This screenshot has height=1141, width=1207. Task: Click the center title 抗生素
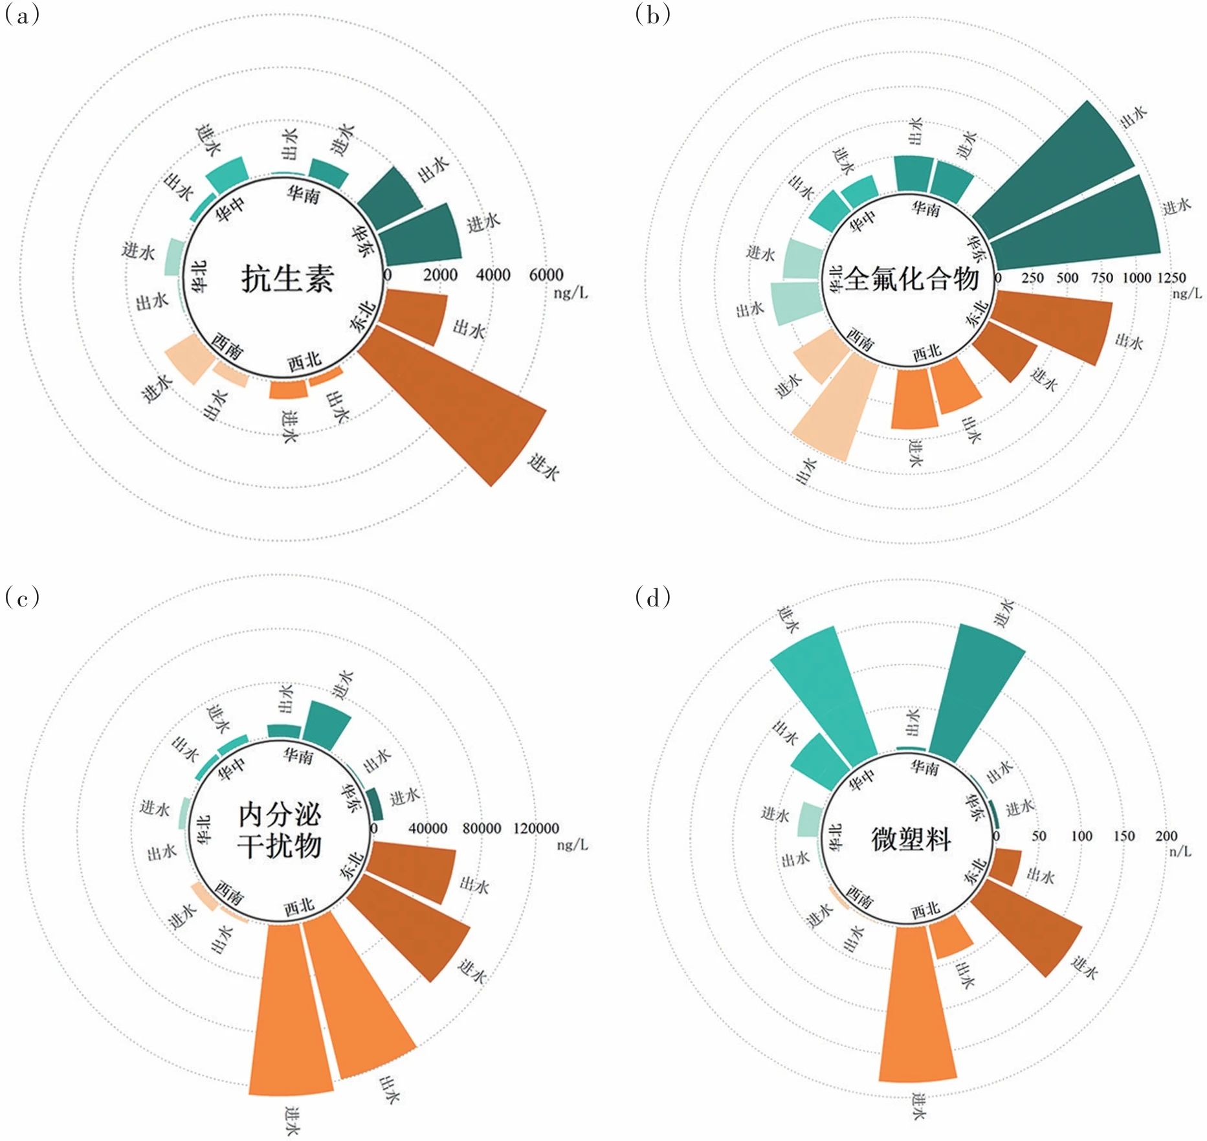(x=287, y=279)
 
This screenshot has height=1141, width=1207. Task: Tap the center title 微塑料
(x=911, y=839)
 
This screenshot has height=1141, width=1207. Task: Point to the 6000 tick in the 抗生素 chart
(x=546, y=275)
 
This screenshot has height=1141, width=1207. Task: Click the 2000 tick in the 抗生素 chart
(x=440, y=275)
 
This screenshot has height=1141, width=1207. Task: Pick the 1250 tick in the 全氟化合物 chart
(x=1171, y=278)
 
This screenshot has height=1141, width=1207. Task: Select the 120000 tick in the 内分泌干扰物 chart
(x=536, y=828)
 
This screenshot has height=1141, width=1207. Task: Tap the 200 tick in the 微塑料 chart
(x=1166, y=836)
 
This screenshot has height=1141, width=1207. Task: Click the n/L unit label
(x=1180, y=851)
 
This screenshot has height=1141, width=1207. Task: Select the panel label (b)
(x=652, y=14)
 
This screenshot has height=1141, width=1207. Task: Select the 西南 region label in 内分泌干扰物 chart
(x=229, y=892)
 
